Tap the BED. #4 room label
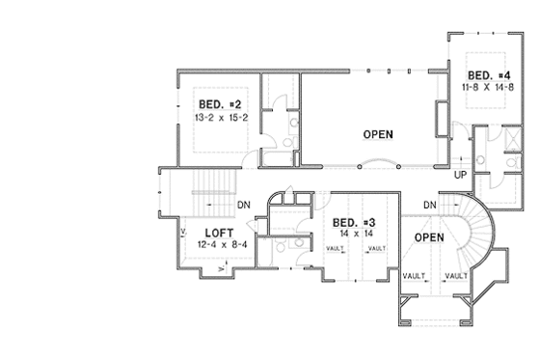[x=488, y=75]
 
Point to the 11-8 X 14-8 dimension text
[x=488, y=87]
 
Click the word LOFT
[x=220, y=233]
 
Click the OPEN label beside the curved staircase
[x=428, y=236]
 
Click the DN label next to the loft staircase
[x=245, y=205]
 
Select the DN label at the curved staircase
[x=430, y=205]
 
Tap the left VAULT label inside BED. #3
[x=336, y=248]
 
